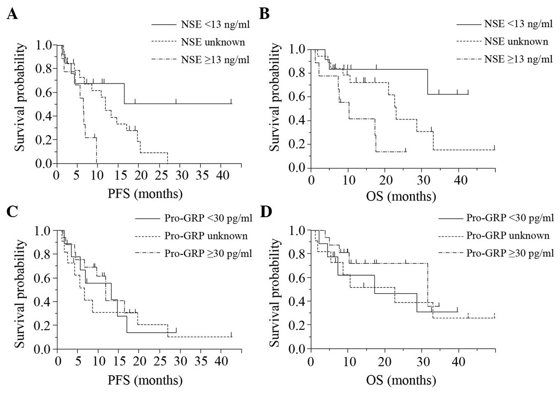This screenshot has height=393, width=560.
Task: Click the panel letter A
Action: point(12,14)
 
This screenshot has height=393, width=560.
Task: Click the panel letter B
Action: point(264,14)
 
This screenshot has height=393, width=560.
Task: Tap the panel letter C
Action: point(12,211)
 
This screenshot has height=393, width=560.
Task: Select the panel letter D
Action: point(266,211)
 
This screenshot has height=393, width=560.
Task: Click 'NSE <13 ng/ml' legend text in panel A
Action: point(215,24)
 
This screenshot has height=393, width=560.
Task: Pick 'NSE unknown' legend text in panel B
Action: point(516,42)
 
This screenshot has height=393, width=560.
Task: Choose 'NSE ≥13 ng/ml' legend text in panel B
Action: point(518,59)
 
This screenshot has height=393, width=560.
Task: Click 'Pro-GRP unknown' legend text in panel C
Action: point(206,236)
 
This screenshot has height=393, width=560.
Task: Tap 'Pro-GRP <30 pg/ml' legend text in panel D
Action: point(510,218)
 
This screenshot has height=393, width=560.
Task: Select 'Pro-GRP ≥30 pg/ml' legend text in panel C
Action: point(208,253)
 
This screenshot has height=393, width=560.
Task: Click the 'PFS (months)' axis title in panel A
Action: point(145,193)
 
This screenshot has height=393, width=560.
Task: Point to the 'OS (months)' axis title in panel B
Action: point(401,196)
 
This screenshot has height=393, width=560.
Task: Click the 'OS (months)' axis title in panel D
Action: point(401,380)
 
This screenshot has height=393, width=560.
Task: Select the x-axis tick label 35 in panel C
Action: point(202,361)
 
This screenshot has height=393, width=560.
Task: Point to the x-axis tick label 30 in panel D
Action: point(423,362)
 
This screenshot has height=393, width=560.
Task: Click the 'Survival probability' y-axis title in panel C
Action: point(20,289)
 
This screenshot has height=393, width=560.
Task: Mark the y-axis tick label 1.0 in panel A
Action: point(44,45)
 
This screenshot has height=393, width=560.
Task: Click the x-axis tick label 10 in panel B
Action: point(349,180)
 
